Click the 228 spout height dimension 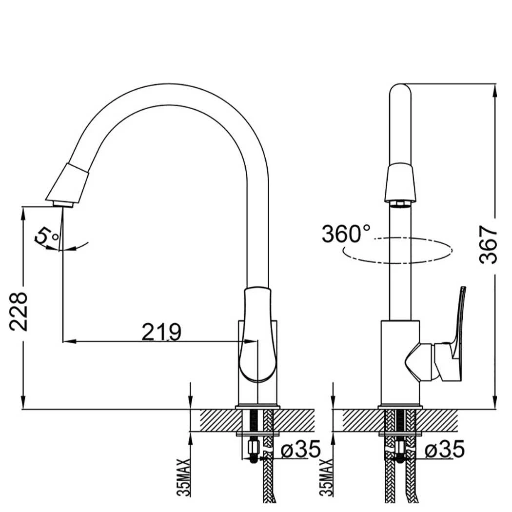19,312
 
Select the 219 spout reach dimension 161,332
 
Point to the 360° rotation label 346,234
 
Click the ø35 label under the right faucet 444,450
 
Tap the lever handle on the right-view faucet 456,336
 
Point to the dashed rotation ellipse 397,250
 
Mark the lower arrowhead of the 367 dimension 495,403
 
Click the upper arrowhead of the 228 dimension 23,212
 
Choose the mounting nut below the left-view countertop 254,446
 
